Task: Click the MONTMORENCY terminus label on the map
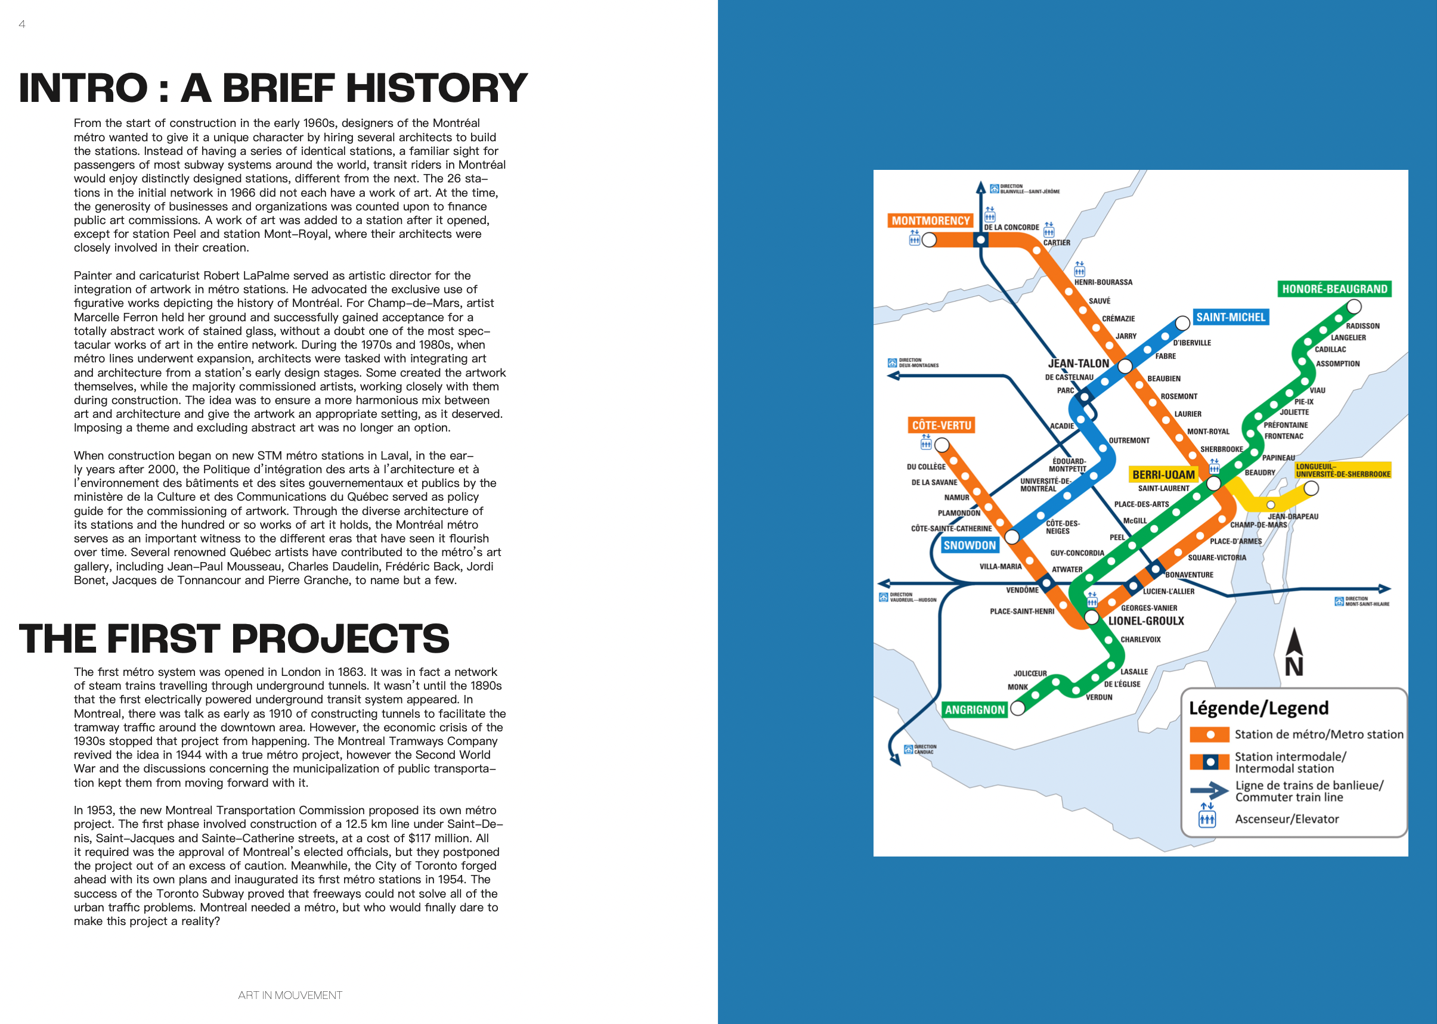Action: pos(930,221)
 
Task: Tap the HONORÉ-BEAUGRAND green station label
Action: pos(1335,289)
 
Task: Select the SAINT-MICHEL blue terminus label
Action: pos(1231,317)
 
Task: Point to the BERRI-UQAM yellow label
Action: pos(1164,475)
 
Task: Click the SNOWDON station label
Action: pos(970,545)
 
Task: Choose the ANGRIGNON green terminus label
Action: pos(975,710)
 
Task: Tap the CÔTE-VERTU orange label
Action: pos(942,426)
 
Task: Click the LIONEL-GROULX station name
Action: pos(1146,621)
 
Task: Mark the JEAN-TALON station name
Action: pos(1079,364)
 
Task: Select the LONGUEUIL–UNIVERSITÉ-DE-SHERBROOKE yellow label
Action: pos(1343,470)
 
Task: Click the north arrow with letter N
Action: pos(1294,653)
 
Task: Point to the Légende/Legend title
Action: pos(1259,708)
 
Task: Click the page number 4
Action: pos(22,24)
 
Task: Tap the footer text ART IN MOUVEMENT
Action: pos(290,995)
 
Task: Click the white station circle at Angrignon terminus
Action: pos(1017,708)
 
